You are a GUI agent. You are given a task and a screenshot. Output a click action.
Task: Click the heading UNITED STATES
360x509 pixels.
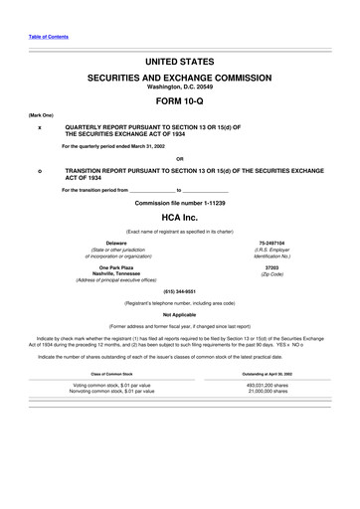(x=179, y=62)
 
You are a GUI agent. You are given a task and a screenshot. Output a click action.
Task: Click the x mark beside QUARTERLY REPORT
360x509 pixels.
(x=39, y=128)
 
